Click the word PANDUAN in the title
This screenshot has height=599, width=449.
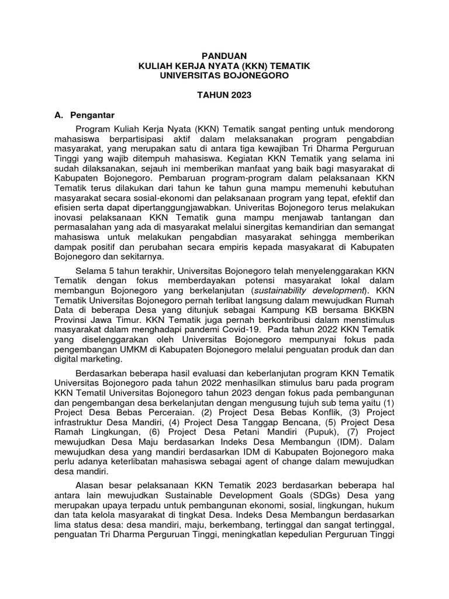(x=224, y=57)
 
